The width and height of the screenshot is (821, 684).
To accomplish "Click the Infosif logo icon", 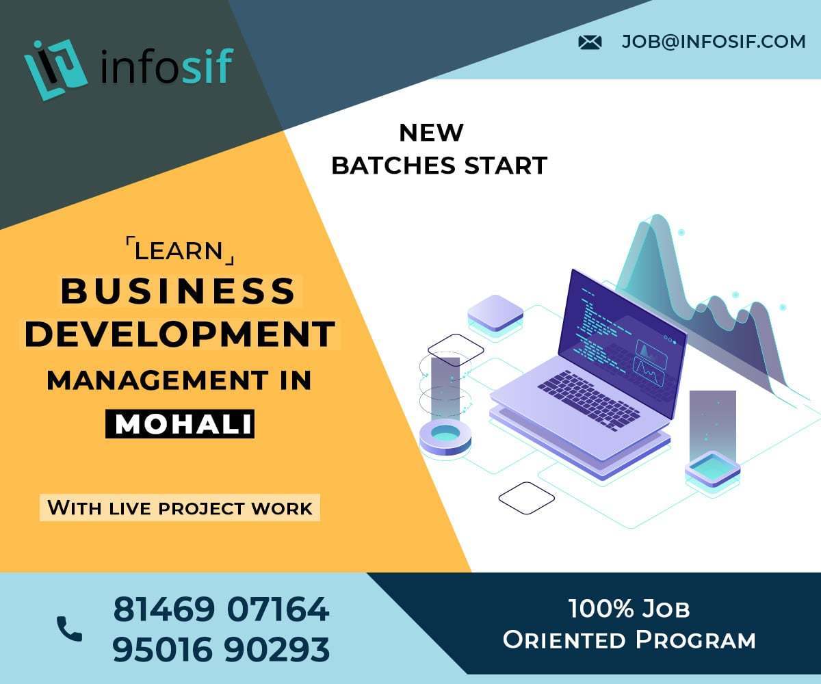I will (x=56, y=68).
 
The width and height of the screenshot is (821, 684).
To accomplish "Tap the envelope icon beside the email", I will (x=590, y=42).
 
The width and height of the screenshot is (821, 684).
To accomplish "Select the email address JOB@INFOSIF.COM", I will (x=714, y=42).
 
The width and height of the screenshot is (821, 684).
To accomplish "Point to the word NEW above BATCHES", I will (x=431, y=133).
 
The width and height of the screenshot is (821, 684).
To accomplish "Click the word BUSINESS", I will (x=178, y=291).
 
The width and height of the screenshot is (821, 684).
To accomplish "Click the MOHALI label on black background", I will (x=180, y=424).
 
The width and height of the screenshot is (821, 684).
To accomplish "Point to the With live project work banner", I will (x=179, y=508).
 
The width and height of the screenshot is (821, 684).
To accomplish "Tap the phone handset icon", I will (x=69, y=629).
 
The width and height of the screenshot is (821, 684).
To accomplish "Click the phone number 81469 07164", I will (x=221, y=609).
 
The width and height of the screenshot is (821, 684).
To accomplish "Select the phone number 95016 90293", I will (x=221, y=650).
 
